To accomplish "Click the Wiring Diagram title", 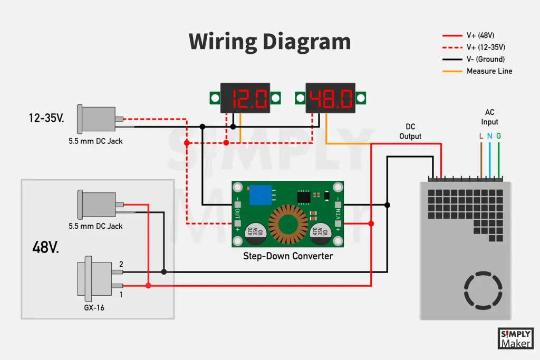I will pos(269,42).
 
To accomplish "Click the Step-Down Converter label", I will pos(288,256).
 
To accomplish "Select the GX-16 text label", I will pos(94,307).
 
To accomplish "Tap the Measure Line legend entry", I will pos(489,71).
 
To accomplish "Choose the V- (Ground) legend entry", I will pos(485,59).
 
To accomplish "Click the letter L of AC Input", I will pos(481,136).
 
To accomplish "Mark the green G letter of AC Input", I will pos(498,136).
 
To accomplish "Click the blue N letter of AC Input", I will pos(489,136).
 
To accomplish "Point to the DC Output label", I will pos(410,132).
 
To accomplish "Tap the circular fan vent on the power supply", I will pos(481,290).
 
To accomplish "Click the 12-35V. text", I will pos(46,119).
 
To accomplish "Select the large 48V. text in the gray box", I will pos(46,247).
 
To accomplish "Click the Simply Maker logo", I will pos(515,338).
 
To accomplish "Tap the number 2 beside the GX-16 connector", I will pos(121,264).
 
